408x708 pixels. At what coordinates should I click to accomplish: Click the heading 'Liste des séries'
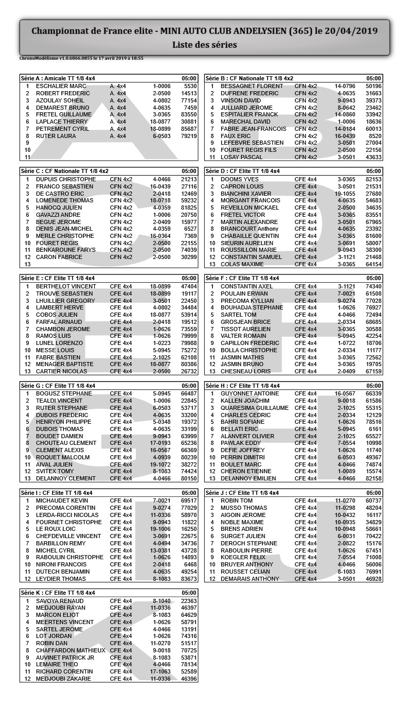[204, 45]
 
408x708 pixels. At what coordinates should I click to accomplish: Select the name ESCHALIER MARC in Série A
[61, 86]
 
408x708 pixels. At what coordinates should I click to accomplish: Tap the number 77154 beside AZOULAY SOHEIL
[189, 100]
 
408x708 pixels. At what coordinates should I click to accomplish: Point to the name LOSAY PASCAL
[241, 157]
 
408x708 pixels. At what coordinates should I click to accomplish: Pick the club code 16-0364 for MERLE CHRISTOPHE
[160, 236]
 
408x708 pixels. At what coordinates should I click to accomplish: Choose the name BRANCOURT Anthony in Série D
[249, 229]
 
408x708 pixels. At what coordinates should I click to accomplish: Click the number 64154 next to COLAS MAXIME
[374, 264]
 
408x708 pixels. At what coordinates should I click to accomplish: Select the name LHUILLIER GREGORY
[65, 301]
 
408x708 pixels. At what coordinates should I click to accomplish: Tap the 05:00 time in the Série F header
[374, 278]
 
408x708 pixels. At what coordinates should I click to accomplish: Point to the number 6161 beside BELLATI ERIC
[375, 429]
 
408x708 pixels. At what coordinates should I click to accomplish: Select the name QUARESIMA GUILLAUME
[254, 408]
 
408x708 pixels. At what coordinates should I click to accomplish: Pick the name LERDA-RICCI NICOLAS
[67, 515]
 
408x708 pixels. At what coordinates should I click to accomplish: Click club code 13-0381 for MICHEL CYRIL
[160, 550]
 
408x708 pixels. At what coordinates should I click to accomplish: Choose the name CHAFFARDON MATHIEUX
[70, 650]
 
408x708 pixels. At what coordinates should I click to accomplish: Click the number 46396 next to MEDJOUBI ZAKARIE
[189, 679]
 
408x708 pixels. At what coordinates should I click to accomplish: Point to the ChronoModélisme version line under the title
[81, 58]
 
